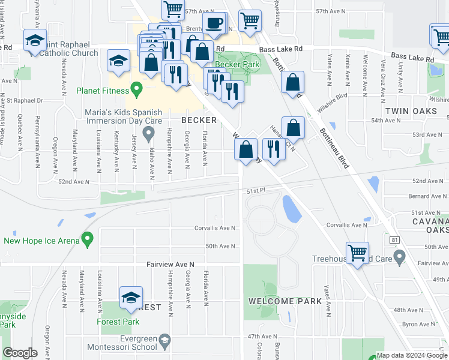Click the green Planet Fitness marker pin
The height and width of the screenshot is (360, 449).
[136, 90]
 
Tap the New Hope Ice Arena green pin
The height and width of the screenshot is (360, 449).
[88, 240]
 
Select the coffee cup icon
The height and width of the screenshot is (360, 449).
[214, 24]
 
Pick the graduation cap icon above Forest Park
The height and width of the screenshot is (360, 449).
[130, 297]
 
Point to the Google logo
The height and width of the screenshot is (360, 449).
[20, 353]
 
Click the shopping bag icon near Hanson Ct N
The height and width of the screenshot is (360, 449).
[293, 127]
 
